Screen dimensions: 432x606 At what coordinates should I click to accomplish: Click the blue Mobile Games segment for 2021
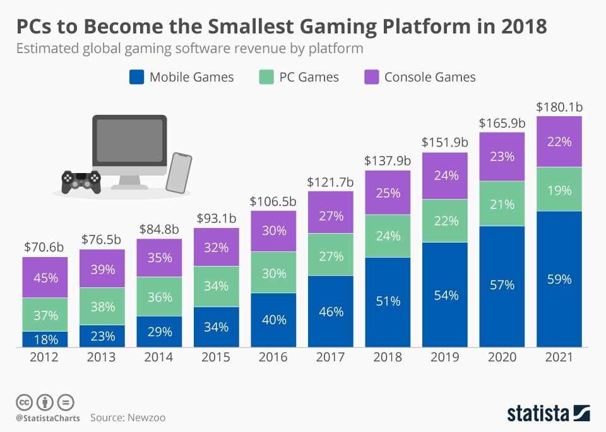click(x=559, y=279)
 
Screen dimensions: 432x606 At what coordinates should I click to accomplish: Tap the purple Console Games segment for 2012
click(x=45, y=277)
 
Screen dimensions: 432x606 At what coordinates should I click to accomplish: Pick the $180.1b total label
click(x=559, y=107)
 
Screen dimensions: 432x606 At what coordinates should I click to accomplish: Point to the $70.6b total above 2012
click(x=45, y=248)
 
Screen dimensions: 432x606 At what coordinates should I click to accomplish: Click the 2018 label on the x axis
click(x=388, y=357)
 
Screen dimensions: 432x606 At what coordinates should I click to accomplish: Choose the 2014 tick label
click(x=159, y=357)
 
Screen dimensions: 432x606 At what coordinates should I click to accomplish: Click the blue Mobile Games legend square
click(x=137, y=77)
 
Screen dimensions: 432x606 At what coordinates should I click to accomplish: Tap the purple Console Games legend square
click(x=372, y=77)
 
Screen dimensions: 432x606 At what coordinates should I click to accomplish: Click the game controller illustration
click(x=81, y=181)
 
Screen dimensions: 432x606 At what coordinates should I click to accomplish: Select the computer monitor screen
click(x=129, y=144)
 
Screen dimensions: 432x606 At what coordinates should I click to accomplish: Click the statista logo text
click(x=537, y=414)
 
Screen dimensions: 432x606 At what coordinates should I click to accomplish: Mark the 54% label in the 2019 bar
click(x=445, y=295)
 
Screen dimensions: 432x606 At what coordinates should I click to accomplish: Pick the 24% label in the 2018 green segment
click(x=388, y=236)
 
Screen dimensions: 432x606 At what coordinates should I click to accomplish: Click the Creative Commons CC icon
click(x=24, y=402)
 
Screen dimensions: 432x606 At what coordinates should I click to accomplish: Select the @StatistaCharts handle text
click(x=48, y=417)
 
